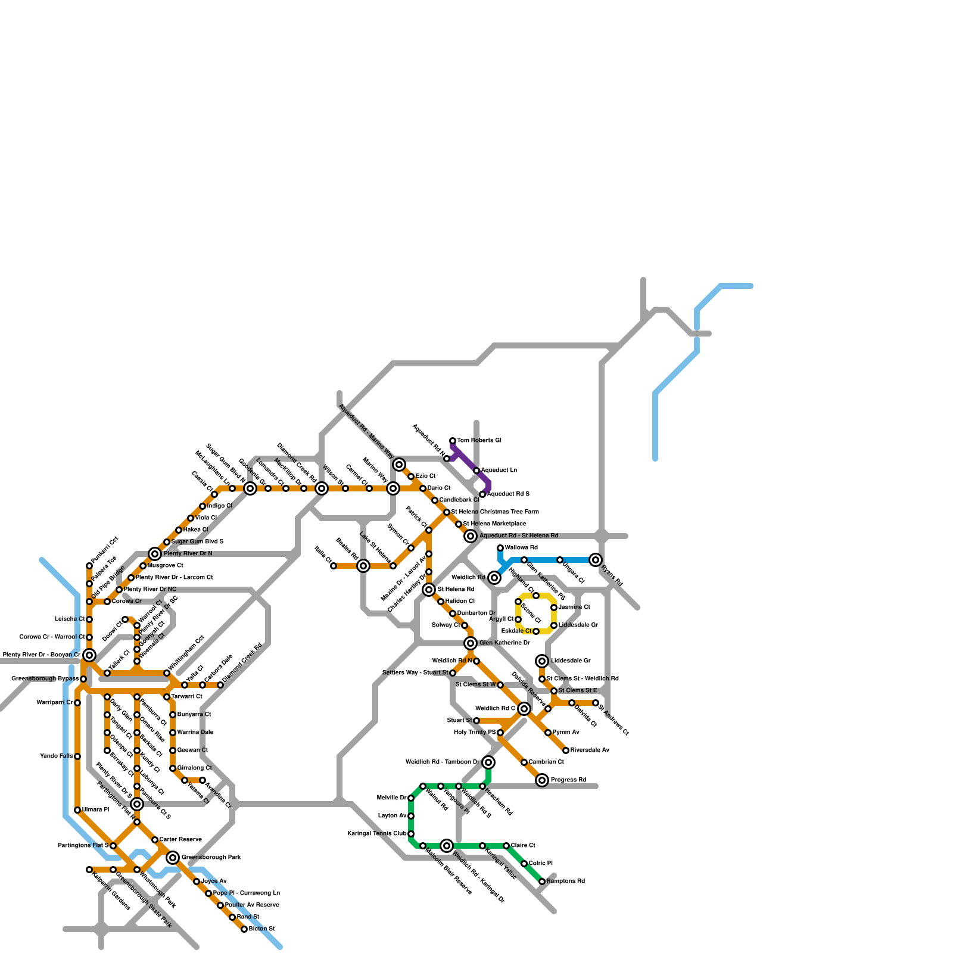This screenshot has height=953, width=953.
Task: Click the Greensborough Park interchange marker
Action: [173, 858]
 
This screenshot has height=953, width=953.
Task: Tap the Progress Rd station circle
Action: [542, 780]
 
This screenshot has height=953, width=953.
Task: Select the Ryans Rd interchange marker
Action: [596, 560]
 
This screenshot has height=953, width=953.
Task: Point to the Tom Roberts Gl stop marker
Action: [453, 441]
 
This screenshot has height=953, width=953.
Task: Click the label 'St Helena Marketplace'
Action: [494, 524]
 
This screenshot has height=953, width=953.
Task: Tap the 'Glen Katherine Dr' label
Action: [504, 643]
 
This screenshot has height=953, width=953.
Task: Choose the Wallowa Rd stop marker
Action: [500, 548]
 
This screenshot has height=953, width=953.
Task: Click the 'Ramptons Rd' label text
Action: [565, 882]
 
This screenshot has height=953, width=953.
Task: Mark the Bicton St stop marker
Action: [244, 929]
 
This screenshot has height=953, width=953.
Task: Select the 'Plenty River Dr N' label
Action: [188, 554]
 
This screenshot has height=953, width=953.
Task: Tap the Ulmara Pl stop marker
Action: [77, 810]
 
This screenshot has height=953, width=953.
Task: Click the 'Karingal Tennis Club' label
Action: [377, 834]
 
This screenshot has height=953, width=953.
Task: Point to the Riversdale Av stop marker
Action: [566, 750]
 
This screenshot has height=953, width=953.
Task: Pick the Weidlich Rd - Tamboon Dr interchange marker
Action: [488, 762]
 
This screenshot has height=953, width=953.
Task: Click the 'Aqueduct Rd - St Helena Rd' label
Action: [519, 536]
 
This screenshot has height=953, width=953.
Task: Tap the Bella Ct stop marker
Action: [334, 566]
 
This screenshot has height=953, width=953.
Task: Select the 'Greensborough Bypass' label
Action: [45, 679]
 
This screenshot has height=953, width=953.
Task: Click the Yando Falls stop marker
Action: [77, 756]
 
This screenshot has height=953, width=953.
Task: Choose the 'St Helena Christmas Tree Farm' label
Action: [495, 512]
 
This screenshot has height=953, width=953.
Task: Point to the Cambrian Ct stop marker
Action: [524, 762]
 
